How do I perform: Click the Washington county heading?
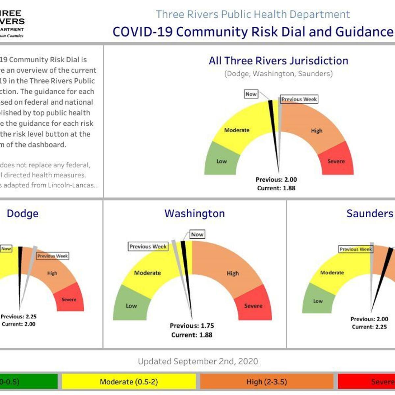pos(195,213)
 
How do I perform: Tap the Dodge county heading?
pos(23,213)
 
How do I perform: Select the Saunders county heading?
pos(370,213)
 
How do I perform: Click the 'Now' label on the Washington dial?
pos(197,234)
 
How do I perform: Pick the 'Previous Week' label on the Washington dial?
pos(148,247)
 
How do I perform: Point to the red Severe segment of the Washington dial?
pos(253,305)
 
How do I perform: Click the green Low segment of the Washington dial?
pos(131,305)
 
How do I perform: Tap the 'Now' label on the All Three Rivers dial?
pos(251,94)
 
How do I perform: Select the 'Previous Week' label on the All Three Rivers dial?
pos(299,99)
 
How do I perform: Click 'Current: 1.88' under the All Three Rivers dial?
pos(276,188)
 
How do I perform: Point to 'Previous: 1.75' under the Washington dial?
pos(192,326)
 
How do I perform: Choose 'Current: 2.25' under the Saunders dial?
pos(369,327)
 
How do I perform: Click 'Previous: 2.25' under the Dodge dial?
pos(19,316)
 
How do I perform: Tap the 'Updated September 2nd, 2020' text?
pos(198,361)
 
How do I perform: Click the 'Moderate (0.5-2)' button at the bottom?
pos(129,382)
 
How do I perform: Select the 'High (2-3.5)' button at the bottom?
pos(267,382)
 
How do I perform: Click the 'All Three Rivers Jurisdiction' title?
pos(278,61)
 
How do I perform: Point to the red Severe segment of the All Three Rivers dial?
pos(336,161)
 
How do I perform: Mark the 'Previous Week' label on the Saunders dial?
pos(355,249)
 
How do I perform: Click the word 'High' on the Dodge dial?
pos(52,273)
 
